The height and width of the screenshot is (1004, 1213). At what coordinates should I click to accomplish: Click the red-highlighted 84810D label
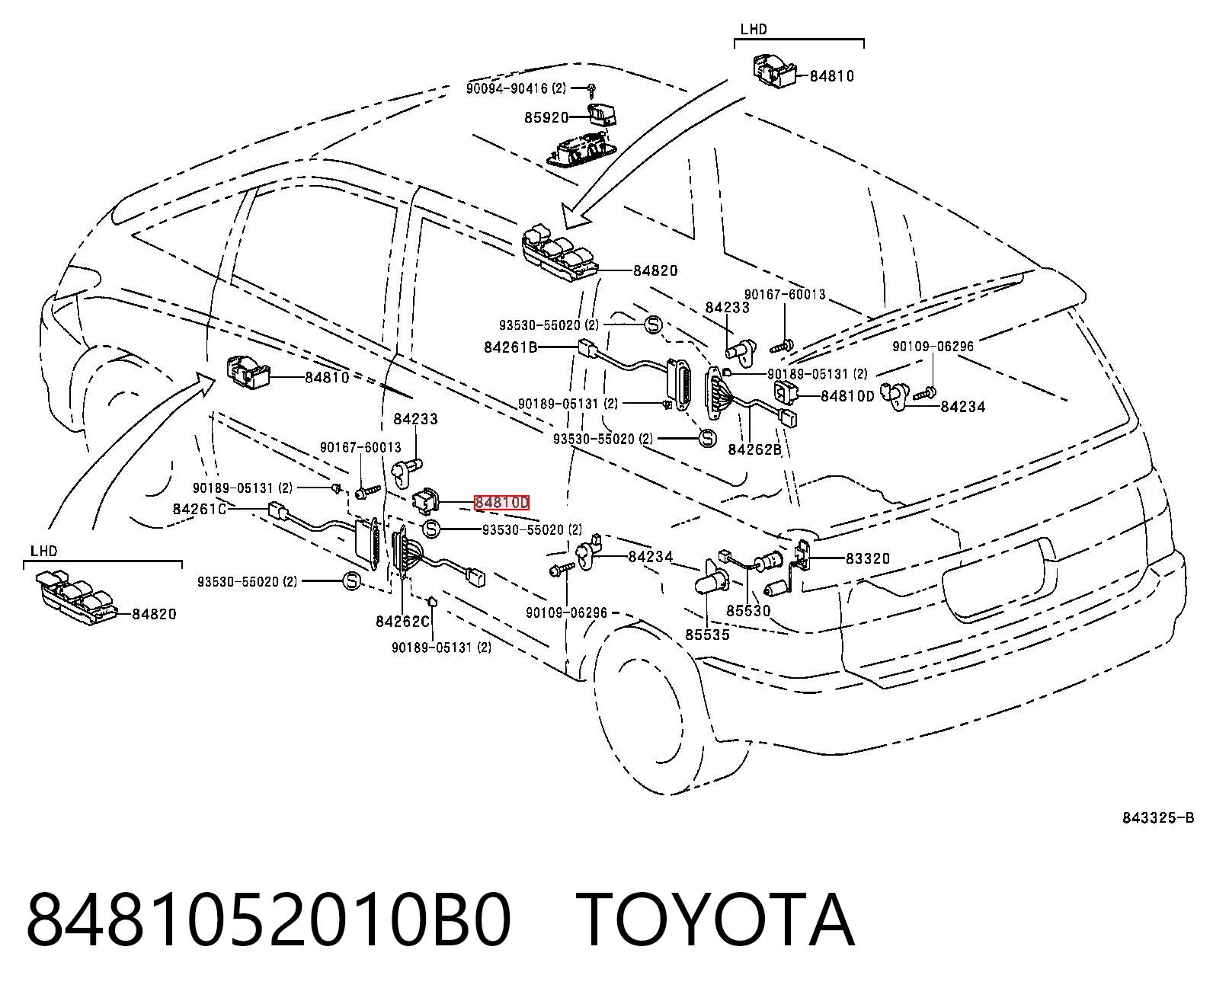pos(502,502)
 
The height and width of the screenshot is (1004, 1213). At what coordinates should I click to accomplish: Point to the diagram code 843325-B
pos(1158,818)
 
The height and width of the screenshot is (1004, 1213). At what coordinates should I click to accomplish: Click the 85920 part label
pos(546,117)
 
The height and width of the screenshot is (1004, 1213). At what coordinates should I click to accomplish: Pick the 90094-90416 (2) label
pos(516,88)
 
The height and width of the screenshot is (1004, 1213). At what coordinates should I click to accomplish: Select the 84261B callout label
pos(510,347)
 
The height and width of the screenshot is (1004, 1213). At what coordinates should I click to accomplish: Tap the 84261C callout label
pos(200,509)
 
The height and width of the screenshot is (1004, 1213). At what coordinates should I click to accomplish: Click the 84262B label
pos(754,449)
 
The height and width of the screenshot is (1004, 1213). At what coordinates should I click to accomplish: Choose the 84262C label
pos(402,622)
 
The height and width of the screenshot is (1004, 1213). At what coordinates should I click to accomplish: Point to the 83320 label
pos(867,558)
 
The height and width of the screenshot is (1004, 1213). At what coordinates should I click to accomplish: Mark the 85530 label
pos(748,611)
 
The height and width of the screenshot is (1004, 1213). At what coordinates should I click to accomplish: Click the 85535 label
pos(707,635)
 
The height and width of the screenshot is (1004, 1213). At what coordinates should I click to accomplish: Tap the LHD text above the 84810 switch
pos(754,29)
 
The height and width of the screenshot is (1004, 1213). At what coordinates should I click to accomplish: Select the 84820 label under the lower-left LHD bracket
pos(154,614)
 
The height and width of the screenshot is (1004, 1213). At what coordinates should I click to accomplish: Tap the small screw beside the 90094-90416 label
pos(591,90)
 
